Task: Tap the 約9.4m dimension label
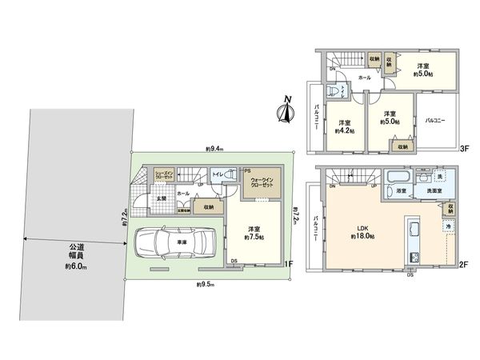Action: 214,149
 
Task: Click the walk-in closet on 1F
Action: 263,183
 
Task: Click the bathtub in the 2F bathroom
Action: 398,178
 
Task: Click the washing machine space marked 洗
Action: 441,175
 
